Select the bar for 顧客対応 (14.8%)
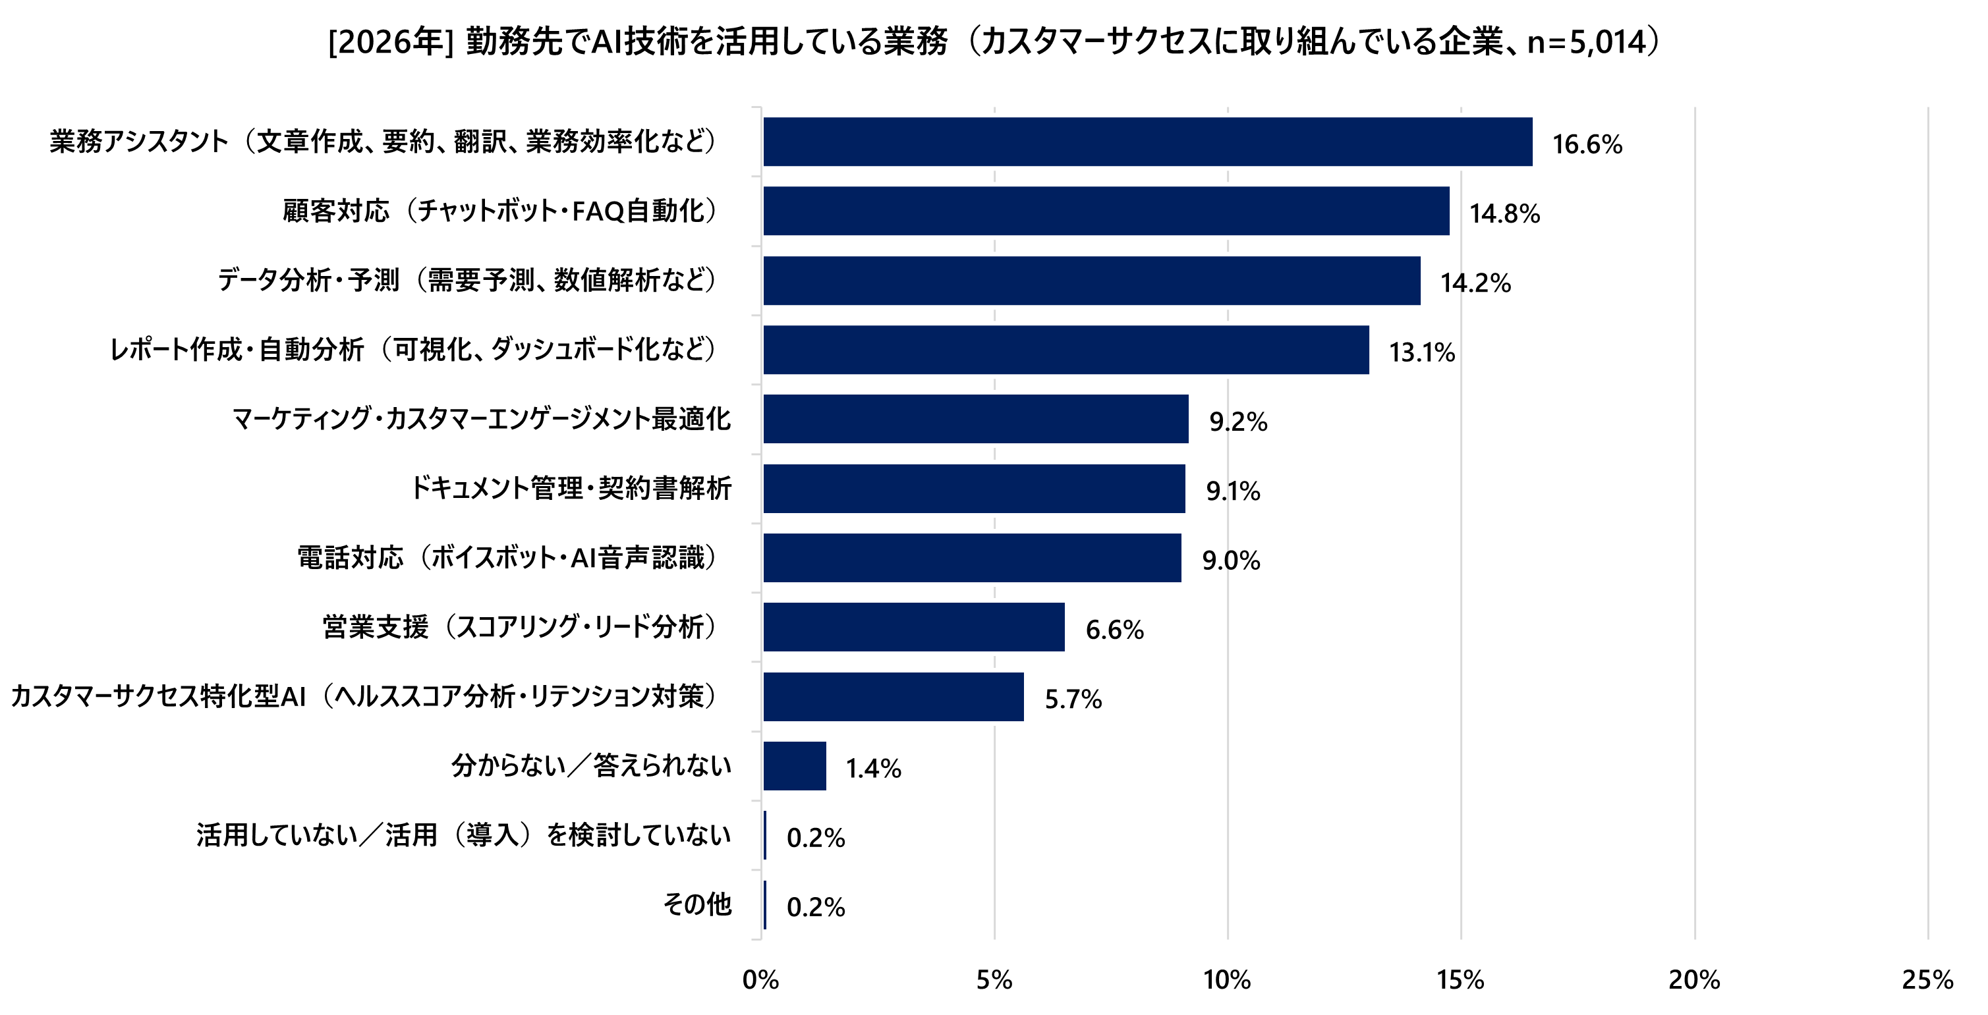[1105, 211]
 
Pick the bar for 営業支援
[913, 627]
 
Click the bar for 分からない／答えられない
[794, 766]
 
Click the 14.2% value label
[1475, 283]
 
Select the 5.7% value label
[1073, 700]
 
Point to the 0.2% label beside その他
[815, 907]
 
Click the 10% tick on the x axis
[1226, 980]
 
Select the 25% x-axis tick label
[1926, 980]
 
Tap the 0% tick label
[760, 980]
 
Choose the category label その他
[697, 904]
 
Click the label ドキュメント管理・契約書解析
[571, 488]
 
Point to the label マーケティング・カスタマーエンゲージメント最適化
[482, 419]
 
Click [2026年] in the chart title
[389, 41]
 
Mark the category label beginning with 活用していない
[463, 835]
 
